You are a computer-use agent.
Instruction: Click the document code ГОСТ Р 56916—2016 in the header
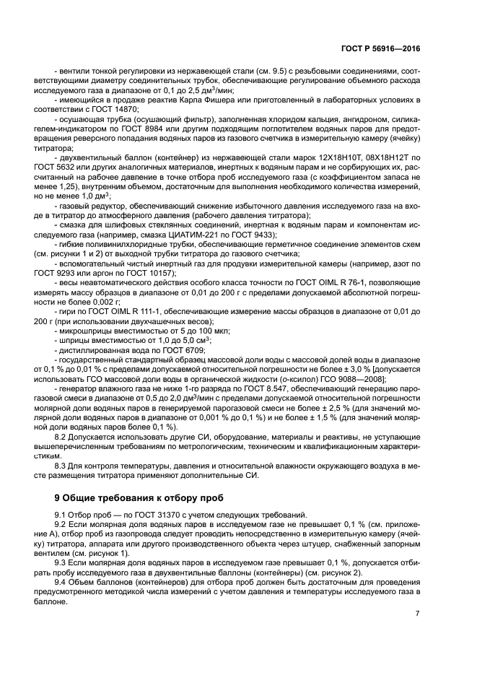(381, 48)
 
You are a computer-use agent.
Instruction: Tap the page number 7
(417, 613)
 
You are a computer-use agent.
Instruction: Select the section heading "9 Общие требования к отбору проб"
(140, 498)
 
